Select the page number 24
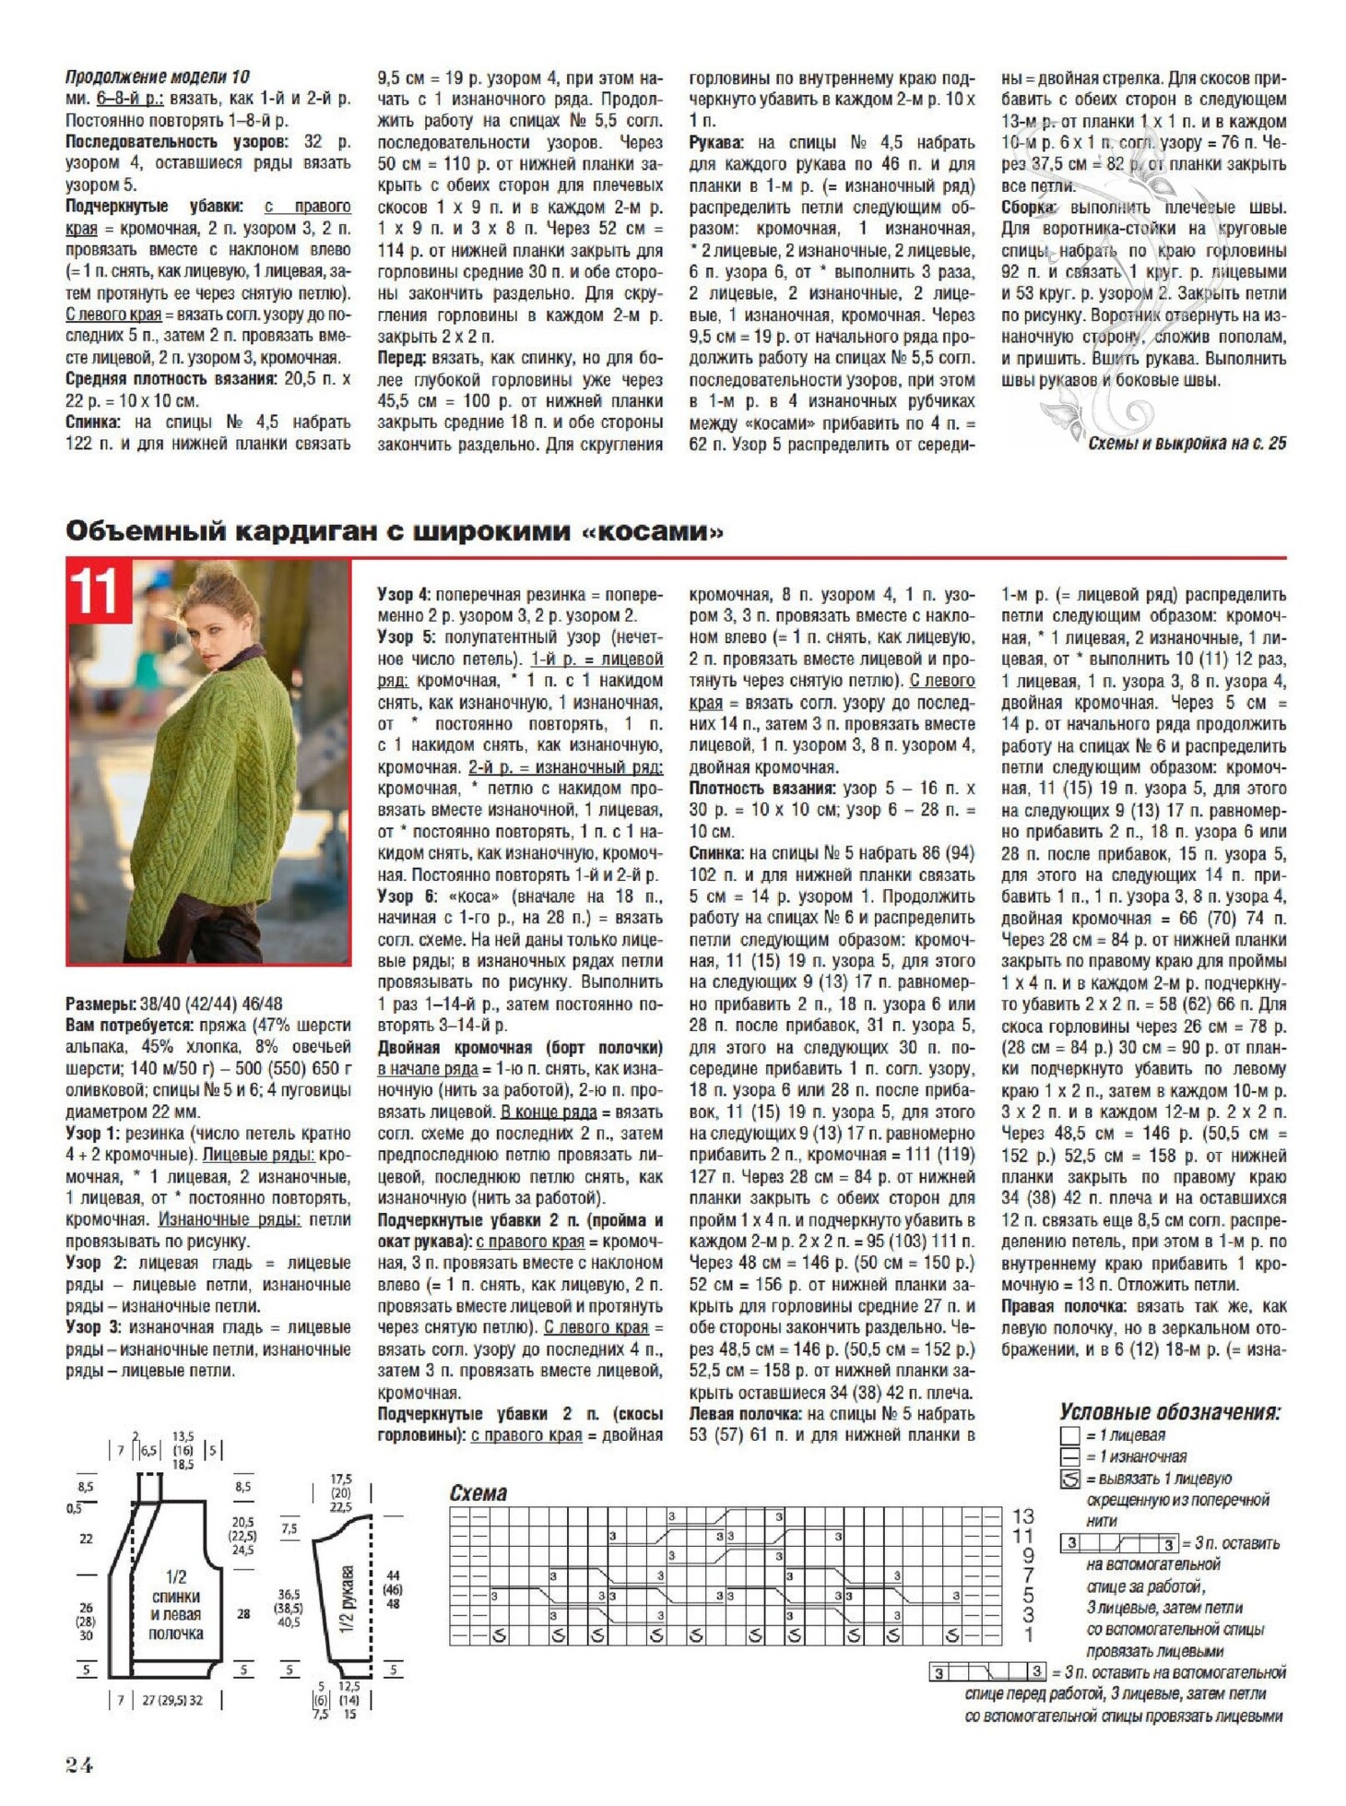[79, 1764]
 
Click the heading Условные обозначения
[1170, 1412]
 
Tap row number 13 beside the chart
[1023, 1515]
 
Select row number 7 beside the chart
[1028, 1574]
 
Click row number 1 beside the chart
[1028, 1634]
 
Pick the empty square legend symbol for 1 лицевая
[1069, 1435]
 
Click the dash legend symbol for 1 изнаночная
[1069, 1456]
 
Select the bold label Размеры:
[101, 1004]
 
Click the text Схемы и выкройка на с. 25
[1187, 444]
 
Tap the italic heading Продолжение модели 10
[157, 77]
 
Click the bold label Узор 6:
[407, 896]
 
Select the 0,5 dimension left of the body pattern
[74, 1508]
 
